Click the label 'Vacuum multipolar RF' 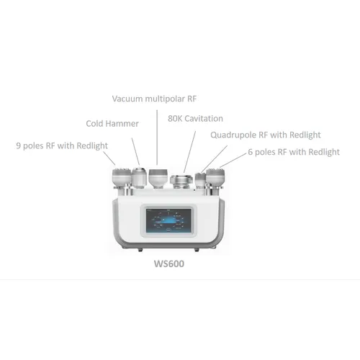pyautogui.click(x=155, y=98)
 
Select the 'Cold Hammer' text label pyautogui.click(x=112, y=123)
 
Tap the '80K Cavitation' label pyautogui.click(x=195, y=118)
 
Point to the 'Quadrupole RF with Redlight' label pyautogui.click(x=265, y=135)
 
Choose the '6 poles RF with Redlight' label pyautogui.click(x=293, y=152)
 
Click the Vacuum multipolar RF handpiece pyautogui.click(x=158, y=175)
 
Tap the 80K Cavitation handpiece pyautogui.click(x=180, y=179)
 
